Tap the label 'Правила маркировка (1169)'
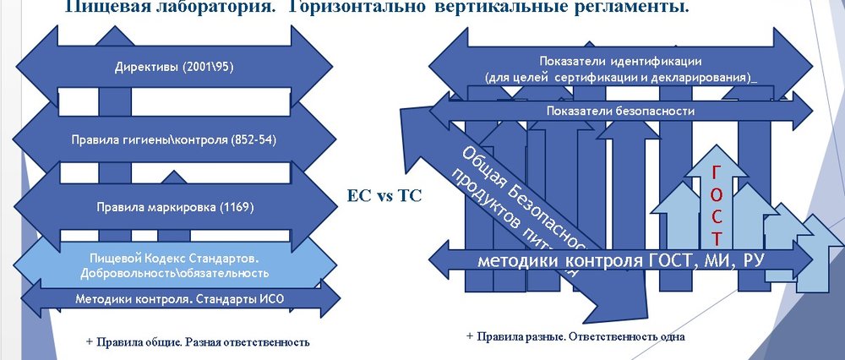(175, 205)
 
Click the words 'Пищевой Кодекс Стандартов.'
(175, 258)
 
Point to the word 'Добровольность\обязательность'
(175, 273)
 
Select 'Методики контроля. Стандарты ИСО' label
(180, 298)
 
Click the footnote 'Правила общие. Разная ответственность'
(201, 342)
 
